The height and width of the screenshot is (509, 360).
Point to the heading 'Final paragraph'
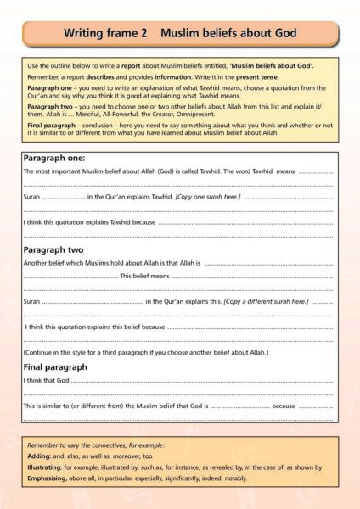click(55, 366)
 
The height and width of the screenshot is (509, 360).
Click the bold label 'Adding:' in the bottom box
click(39, 455)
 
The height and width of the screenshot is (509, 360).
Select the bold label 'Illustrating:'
click(46, 466)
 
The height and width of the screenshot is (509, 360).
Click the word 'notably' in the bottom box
click(234, 477)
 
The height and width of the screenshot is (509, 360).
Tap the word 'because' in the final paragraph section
click(283, 406)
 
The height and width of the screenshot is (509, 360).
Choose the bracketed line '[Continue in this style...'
click(145, 351)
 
